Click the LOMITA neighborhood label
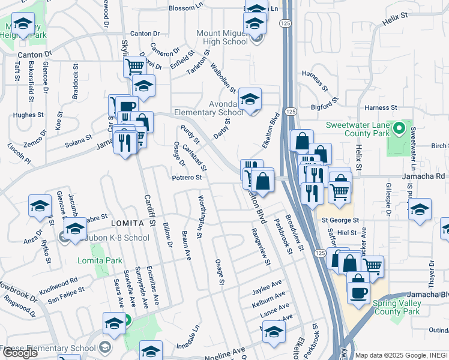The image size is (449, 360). pyautogui.click(x=127, y=223)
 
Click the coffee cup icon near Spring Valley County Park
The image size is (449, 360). pyautogui.click(x=358, y=293)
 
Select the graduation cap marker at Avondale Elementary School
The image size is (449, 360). pyautogui.click(x=250, y=97)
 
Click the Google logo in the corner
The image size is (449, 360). pyautogui.click(x=19, y=353)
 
